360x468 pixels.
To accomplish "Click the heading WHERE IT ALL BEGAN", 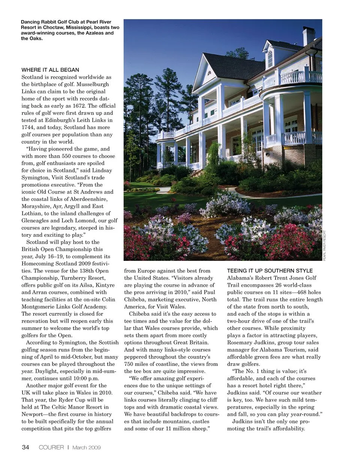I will click(50, 70).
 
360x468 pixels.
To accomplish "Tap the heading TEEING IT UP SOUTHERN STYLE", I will click(270, 271).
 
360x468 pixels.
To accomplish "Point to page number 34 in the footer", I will click(25, 447).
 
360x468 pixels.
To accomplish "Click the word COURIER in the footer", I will click(51, 447).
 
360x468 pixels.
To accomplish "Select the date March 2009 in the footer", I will click(86, 447).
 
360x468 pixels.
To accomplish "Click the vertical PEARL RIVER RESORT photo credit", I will click(325, 245).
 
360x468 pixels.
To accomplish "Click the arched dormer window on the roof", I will click(270, 59).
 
